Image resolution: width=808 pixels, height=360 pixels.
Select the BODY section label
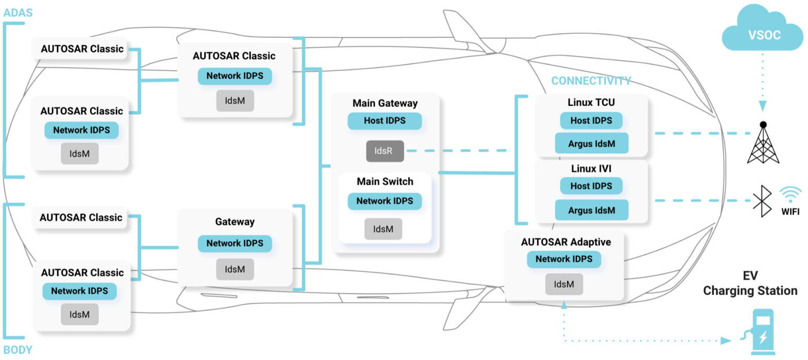[x=17, y=349]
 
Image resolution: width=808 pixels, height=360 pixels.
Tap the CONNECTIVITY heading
[x=591, y=81]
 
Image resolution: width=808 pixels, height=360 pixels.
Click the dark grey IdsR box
[x=385, y=151]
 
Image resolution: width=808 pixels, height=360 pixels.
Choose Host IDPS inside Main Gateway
[x=385, y=121]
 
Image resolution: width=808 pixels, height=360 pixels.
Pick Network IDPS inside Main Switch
[x=385, y=201]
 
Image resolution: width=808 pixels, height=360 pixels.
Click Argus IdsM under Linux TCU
[x=591, y=143]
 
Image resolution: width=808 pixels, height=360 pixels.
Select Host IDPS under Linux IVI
[x=591, y=186]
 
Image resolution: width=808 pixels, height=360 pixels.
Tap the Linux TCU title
[x=591, y=102]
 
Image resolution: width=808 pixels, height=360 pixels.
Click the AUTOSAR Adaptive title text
[x=565, y=242]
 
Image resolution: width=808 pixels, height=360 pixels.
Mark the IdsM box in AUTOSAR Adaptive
[x=563, y=284]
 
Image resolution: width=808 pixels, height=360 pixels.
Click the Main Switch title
[x=385, y=182]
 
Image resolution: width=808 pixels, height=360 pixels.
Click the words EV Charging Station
[x=750, y=284]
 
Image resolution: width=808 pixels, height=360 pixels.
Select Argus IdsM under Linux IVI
[x=591, y=210]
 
